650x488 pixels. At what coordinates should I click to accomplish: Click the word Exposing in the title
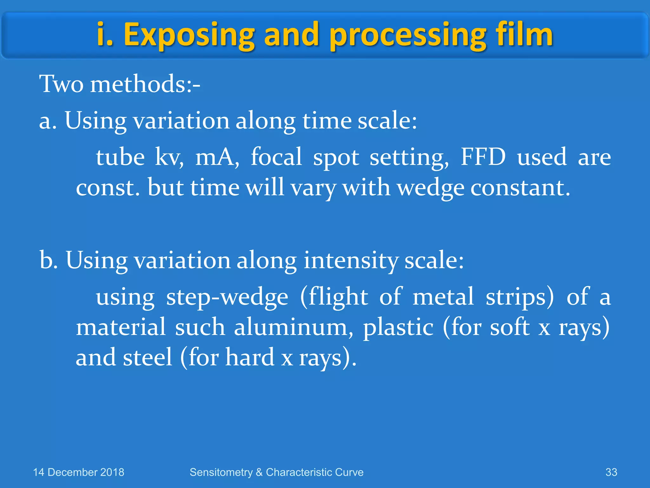pyautogui.click(x=189, y=35)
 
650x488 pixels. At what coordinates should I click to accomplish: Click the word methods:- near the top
pyautogui.click(x=145, y=84)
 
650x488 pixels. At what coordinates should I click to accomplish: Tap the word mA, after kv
pyautogui.click(x=217, y=157)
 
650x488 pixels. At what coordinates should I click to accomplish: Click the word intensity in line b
pyautogui.click(x=350, y=260)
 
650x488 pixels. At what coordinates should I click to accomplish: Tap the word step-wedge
pyautogui.click(x=227, y=297)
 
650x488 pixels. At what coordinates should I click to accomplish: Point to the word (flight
pyautogui.click(x=334, y=297)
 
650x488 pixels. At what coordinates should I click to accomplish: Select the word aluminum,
pyautogui.click(x=293, y=328)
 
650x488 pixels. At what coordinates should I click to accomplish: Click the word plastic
pyautogui.click(x=398, y=328)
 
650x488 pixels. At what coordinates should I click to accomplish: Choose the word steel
pyautogui.click(x=148, y=357)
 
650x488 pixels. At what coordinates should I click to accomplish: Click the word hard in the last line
pyautogui.click(x=249, y=357)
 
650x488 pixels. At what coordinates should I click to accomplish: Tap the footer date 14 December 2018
pyautogui.click(x=79, y=472)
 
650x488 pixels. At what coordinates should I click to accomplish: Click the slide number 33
pyautogui.click(x=611, y=472)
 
